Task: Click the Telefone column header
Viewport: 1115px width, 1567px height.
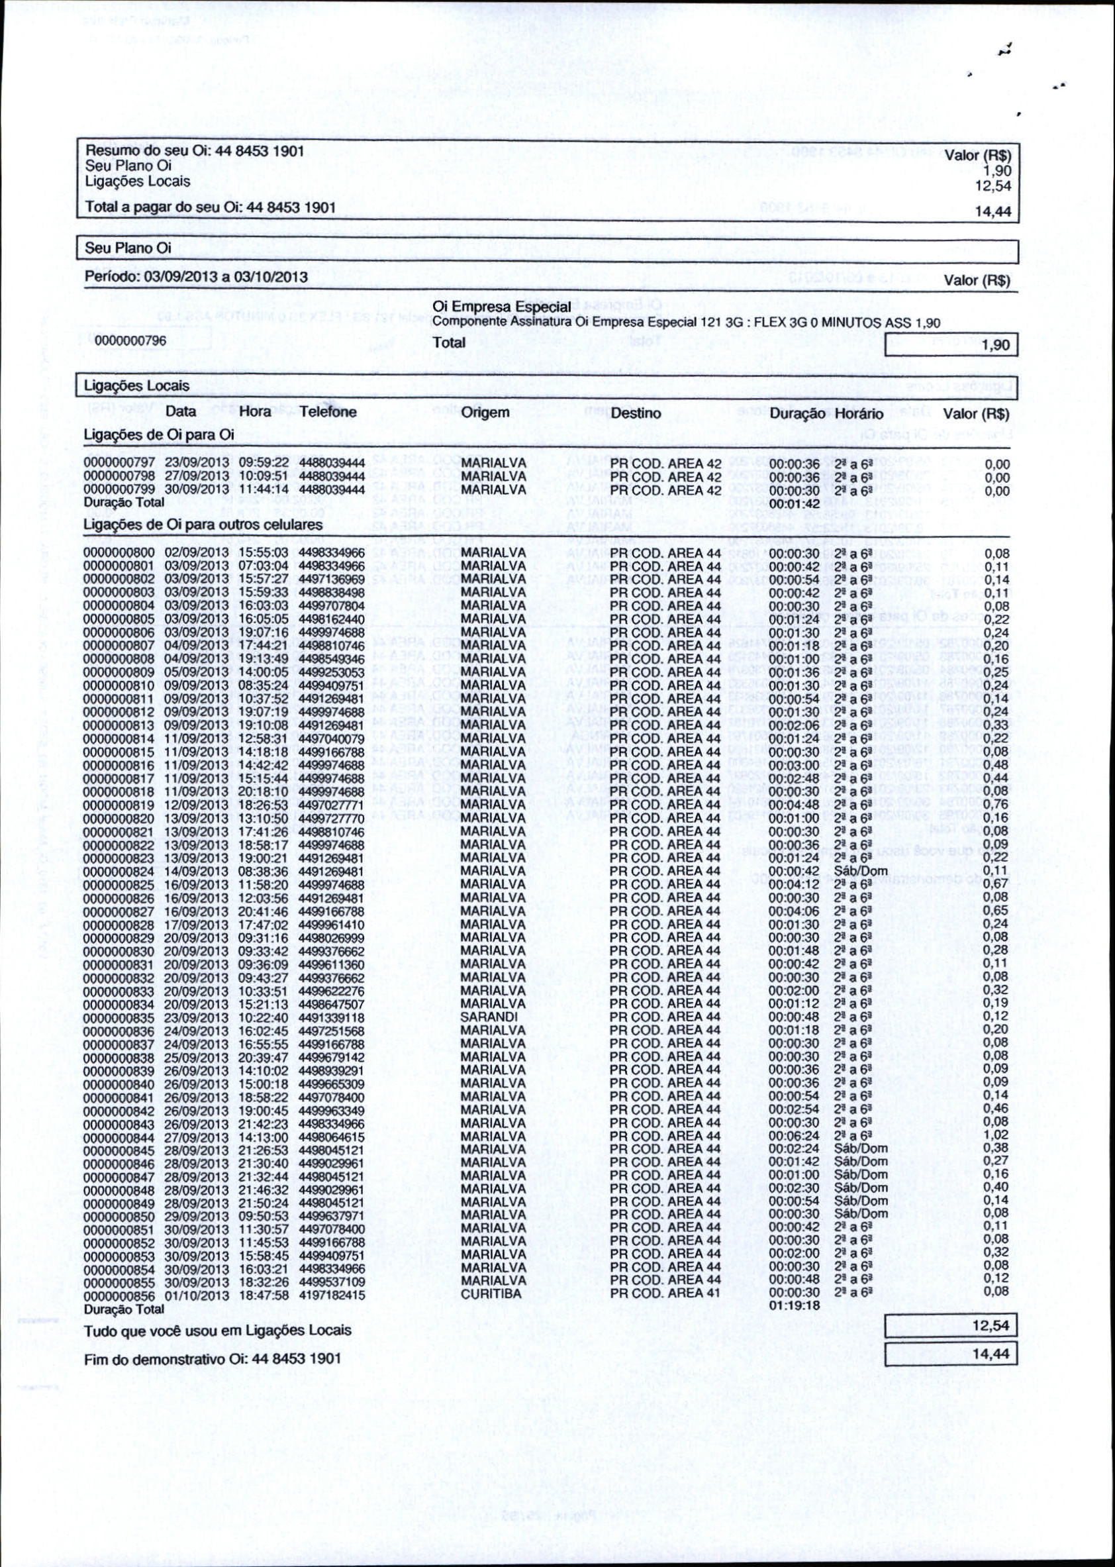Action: point(328,412)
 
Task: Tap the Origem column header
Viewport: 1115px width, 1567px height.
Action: point(485,413)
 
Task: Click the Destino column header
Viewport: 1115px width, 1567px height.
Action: point(636,413)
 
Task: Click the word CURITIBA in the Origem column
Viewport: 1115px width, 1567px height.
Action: point(491,1293)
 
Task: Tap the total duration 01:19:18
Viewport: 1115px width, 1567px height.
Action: point(795,1305)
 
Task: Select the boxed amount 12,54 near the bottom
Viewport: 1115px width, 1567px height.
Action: point(991,1325)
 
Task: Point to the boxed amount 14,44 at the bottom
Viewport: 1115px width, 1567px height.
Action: point(991,1355)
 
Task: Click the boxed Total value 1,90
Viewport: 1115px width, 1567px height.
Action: point(995,344)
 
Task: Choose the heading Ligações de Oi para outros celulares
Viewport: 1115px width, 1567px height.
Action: point(203,525)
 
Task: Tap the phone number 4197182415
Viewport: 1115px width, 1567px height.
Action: point(332,1295)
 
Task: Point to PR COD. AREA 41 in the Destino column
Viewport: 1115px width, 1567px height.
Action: point(665,1293)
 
